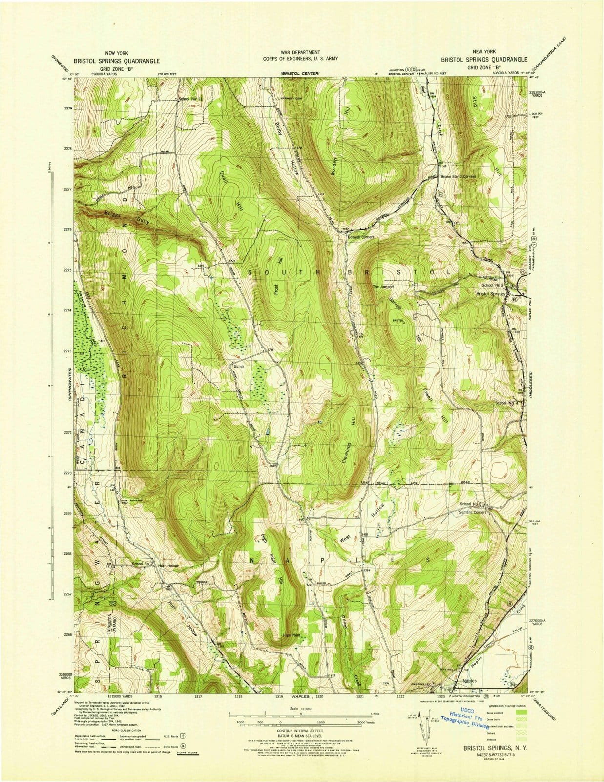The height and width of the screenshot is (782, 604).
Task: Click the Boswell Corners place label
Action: (x=360, y=237)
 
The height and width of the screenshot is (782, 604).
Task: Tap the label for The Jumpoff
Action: (x=383, y=287)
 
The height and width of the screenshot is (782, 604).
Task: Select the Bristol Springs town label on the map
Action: (x=491, y=294)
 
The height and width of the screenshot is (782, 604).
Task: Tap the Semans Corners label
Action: (x=473, y=512)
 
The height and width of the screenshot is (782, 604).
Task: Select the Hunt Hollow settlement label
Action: (x=168, y=565)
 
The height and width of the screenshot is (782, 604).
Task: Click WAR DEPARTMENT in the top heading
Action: (x=300, y=52)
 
